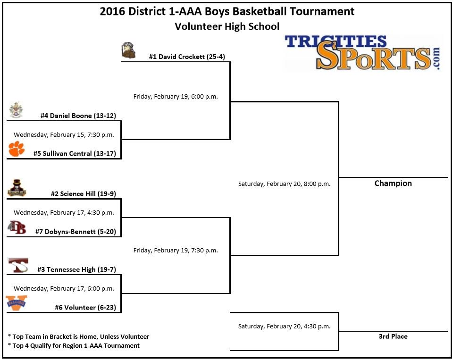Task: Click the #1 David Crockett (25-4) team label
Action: tap(187, 57)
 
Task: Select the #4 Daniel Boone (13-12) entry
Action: tap(78, 116)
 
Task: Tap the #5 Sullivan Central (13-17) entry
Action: tap(75, 153)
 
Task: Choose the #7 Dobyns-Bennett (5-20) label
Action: tap(75, 232)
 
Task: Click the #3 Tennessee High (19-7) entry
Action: tap(76, 269)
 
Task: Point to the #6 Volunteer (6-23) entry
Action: tap(85, 308)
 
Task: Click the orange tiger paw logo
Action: tap(17, 149)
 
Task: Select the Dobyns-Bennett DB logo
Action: tap(17, 228)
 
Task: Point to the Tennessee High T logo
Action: tap(18, 265)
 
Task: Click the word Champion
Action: tap(393, 184)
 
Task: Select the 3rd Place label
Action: tap(393, 336)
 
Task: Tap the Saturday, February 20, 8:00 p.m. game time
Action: tap(284, 184)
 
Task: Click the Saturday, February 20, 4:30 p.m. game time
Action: tap(284, 326)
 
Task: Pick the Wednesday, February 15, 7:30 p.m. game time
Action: tap(64, 134)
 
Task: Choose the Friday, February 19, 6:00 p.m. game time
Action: tap(176, 97)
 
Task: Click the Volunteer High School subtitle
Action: tap(227, 26)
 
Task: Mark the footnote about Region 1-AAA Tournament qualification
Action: tap(74, 346)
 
